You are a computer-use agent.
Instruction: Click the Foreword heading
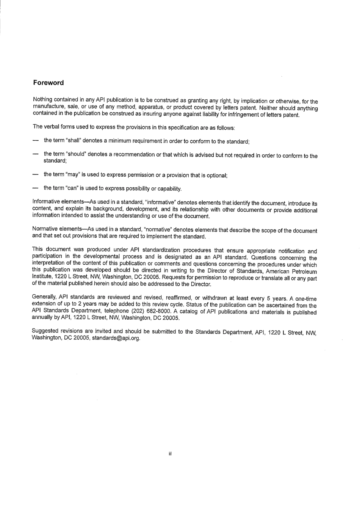(x=48, y=83)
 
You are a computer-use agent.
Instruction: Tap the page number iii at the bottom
(x=171, y=454)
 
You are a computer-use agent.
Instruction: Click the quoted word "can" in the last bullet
(x=72, y=188)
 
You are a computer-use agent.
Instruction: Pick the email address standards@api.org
(x=116, y=338)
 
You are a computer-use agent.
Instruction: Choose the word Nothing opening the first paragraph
(x=42, y=100)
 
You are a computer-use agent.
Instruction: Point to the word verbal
(x=51, y=127)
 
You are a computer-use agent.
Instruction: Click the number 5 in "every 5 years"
(x=268, y=298)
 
